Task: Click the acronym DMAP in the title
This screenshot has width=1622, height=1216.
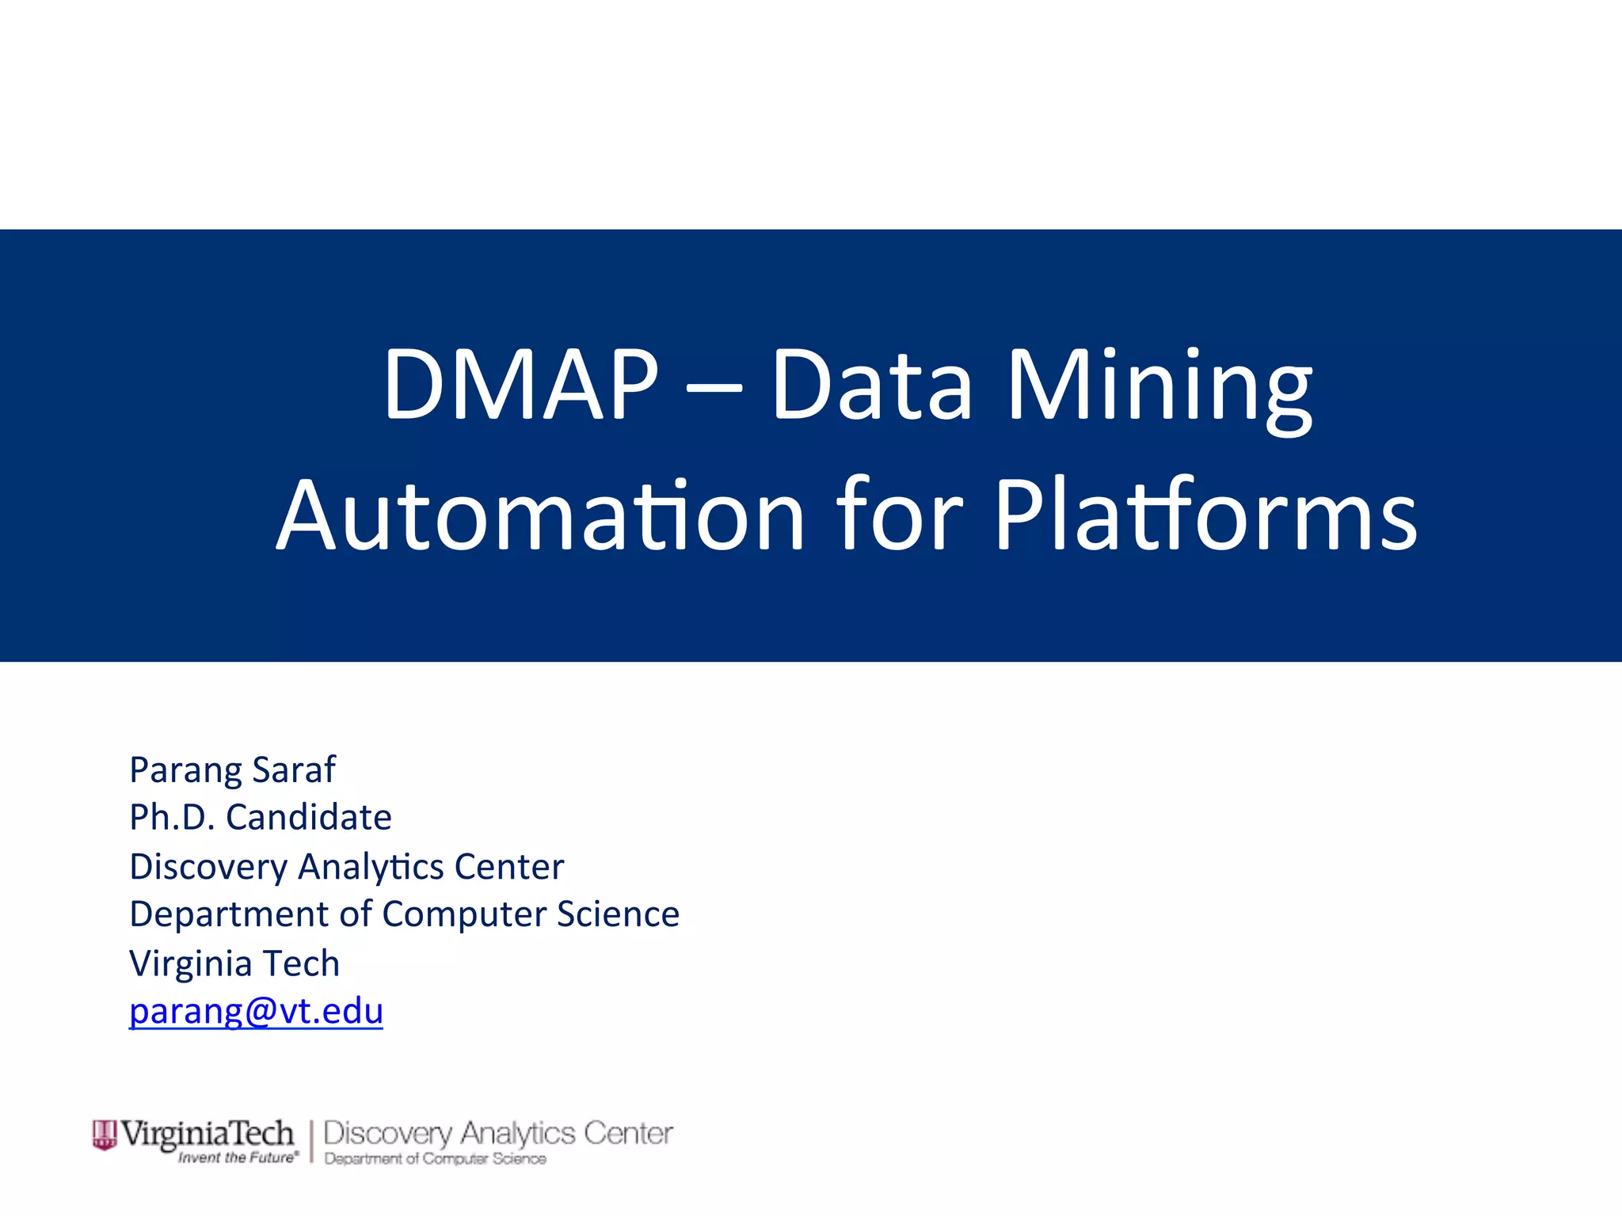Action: click(520, 386)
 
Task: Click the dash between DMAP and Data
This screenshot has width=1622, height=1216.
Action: click(714, 388)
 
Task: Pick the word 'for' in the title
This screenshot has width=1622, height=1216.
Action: click(899, 516)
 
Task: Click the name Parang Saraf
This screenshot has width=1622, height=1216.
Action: click(232, 769)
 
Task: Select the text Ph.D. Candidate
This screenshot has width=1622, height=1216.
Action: click(261, 817)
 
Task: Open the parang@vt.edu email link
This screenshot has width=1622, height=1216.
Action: click(256, 1012)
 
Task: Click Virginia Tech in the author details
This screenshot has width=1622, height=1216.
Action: click(234, 963)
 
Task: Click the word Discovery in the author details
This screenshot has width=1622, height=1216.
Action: click(208, 867)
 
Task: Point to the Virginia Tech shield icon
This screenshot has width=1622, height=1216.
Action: click(104, 1134)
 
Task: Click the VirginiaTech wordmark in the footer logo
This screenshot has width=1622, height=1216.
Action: click(208, 1134)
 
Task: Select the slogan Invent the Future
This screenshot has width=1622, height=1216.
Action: click(238, 1157)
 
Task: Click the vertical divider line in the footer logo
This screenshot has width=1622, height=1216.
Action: click(311, 1142)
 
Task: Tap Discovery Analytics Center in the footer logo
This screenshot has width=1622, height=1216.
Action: click(498, 1133)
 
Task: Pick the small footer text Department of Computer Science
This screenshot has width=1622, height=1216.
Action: click(435, 1159)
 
